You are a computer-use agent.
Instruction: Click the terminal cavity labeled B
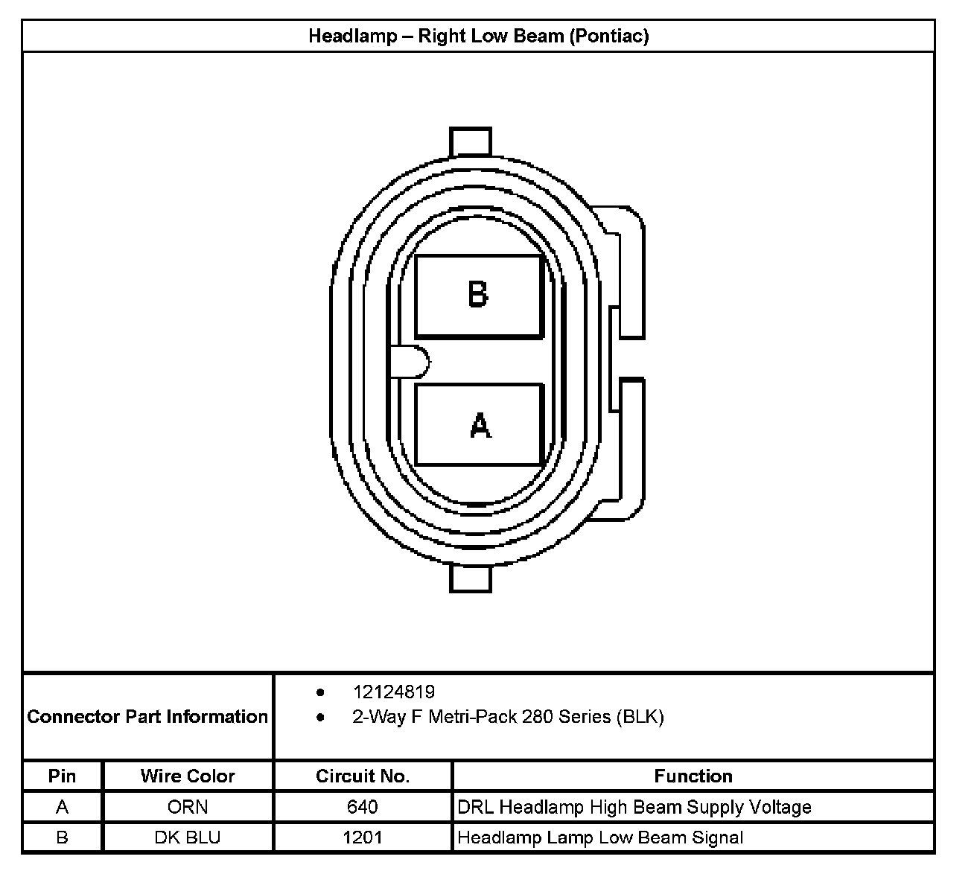(478, 296)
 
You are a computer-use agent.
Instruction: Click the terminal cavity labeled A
(478, 424)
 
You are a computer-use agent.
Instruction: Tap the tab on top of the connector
(471, 141)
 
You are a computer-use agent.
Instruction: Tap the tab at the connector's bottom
(471, 578)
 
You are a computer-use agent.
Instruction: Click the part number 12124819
(394, 692)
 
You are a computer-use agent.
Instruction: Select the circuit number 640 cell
(363, 807)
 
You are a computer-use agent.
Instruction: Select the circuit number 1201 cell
(363, 837)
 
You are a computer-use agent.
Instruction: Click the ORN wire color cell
(188, 807)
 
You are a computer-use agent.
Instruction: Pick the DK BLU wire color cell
(188, 837)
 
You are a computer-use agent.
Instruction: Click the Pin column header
(63, 776)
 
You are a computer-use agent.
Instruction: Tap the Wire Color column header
(188, 776)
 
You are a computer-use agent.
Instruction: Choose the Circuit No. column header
(363, 776)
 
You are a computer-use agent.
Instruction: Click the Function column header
(693, 776)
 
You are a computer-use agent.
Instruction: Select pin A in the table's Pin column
(63, 807)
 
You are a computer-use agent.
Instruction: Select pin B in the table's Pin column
(63, 837)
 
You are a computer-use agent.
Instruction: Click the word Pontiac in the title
(608, 36)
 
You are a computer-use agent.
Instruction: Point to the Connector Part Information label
(147, 717)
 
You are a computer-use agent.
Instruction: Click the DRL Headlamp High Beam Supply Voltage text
(634, 807)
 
